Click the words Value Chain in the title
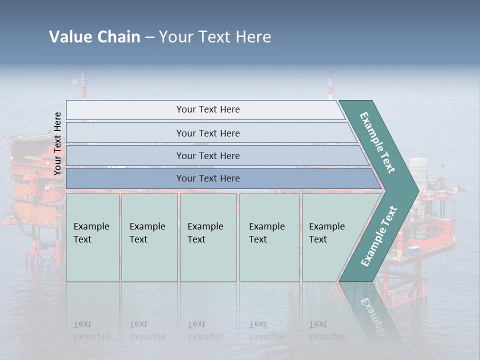click(x=94, y=37)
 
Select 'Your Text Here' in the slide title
click(x=214, y=37)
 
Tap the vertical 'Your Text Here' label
click(x=57, y=143)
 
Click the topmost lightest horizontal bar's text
click(x=208, y=109)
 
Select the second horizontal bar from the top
click(x=208, y=133)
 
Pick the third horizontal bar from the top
click(x=208, y=155)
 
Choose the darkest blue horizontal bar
click(x=208, y=178)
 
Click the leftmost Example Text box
click(x=92, y=237)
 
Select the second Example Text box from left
click(x=149, y=237)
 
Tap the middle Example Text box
click(x=208, y=237)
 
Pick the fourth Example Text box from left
click(x=269, y=237)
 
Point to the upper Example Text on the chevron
click(x=377, y=143)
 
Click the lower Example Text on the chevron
click(x=379, y=236)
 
